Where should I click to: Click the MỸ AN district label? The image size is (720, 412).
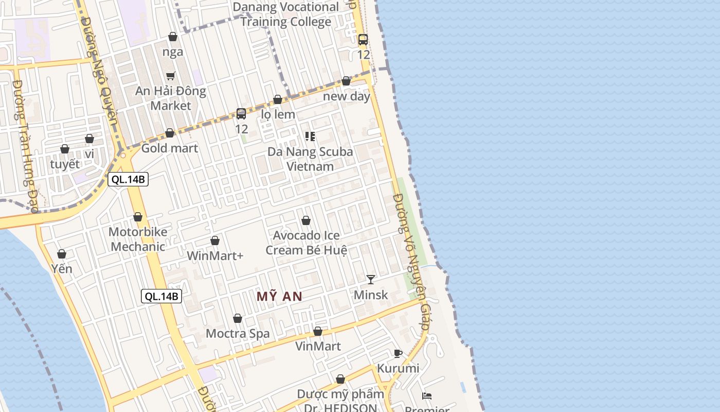pyautogui.click(x=279, y=297)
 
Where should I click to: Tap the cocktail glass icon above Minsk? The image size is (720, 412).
pyautogui.click(x=370, y=280)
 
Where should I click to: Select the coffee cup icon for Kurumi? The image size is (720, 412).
pyautogui.click(x=398, y=353)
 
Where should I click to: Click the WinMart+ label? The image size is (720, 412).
pyautogui.click(x=215, y=255)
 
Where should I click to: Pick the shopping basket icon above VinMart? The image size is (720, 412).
pyautogui.click(x=318, y=331)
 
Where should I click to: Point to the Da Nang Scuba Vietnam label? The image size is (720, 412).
pyautogui.click(x=310, y=159)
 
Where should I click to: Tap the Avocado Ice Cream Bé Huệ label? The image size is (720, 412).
pyautogui.click(x=307, y=243)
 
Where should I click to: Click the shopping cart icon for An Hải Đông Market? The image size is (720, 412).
pyautogui.click(x=171, y=76)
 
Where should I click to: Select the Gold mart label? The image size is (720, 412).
pyautogui.click(x=170, y=148)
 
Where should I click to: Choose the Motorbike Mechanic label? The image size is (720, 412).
pyautogui.click(x=138, y=239)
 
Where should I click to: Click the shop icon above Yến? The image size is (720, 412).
pyautogui.click(x=62, y=254)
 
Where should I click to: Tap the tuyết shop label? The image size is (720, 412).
pyautogui.click(x=65, y=164)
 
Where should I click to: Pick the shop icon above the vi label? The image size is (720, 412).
pyautogui.click(x=89, y=139)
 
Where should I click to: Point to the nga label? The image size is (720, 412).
pyautogui.click(x=173, y=51)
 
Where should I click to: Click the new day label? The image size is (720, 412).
pyautogui.click(x=347, y=96)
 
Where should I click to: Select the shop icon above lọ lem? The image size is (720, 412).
pyautogui.click(x=278, y=99)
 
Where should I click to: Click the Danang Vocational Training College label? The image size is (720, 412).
pyautogui.click(x=286, y=14)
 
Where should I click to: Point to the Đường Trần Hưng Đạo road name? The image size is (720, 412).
pyautogui.click(x=25, y=147)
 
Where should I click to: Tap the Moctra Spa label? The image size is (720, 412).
pyautogui.click(x=238, y=333)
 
